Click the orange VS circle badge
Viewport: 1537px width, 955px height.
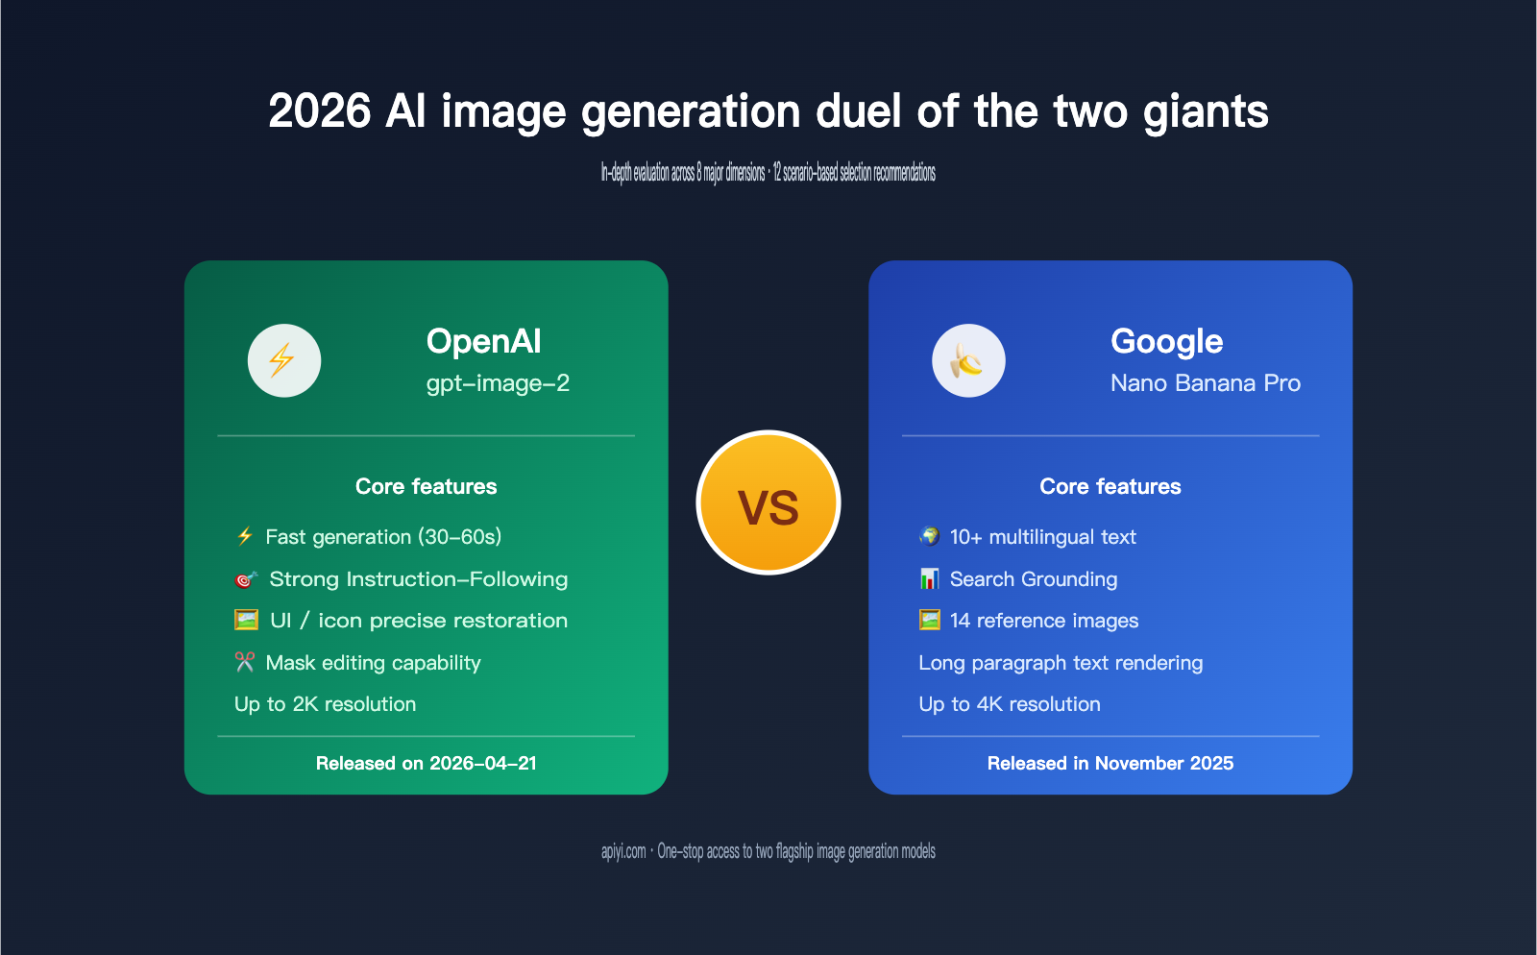click(768, 502)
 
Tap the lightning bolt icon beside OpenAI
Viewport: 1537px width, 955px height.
click(284, 360)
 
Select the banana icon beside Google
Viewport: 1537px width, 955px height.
click(968, 360)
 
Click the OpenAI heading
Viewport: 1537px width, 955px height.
click(483, 341)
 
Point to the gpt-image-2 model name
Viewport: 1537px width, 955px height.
click(498, 383)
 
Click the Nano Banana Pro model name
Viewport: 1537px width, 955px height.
click(1205, 383)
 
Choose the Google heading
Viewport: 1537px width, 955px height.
click(1166, 341)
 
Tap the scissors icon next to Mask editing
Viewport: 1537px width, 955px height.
click(245, 662)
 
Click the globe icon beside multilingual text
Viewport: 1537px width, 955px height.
click(929, 536)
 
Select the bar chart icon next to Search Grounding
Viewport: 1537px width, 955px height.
click(929, 578)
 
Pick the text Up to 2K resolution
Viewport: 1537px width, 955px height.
click(325, 704)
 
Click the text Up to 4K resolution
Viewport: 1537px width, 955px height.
click(1009, 704)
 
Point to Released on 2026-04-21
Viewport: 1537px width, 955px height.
click(426, 763)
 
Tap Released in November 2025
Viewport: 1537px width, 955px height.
click(1110, 763)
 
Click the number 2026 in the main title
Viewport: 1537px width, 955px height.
click(319, 111)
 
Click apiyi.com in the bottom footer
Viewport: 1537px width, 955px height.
click(623, 851)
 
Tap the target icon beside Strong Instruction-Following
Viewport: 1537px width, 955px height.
click(246, 579)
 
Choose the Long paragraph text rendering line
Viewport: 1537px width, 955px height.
click(1061, 663)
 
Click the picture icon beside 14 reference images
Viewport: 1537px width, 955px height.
click(929, 620)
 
